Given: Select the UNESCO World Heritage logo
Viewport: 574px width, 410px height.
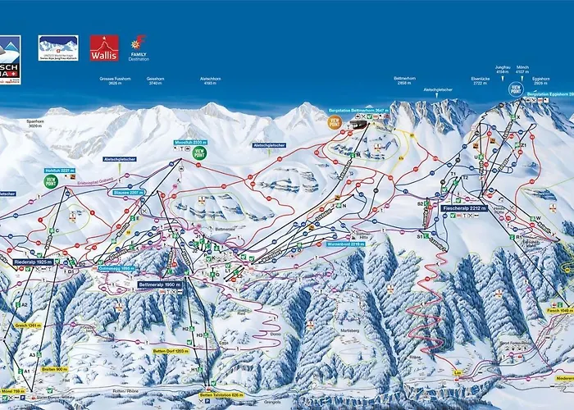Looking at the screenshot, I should [58, 48].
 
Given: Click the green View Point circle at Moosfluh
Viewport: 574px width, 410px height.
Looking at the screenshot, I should [200, 152].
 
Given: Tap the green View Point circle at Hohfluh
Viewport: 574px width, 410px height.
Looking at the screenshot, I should [51, 181].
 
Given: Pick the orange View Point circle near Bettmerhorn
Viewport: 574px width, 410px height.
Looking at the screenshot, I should [334, 121].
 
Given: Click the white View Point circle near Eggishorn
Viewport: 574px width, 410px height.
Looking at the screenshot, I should [516, 89].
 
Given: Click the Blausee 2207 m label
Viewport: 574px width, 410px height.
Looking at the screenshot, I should [131, 193].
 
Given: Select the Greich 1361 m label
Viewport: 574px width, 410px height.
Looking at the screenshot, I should [27, 325].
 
